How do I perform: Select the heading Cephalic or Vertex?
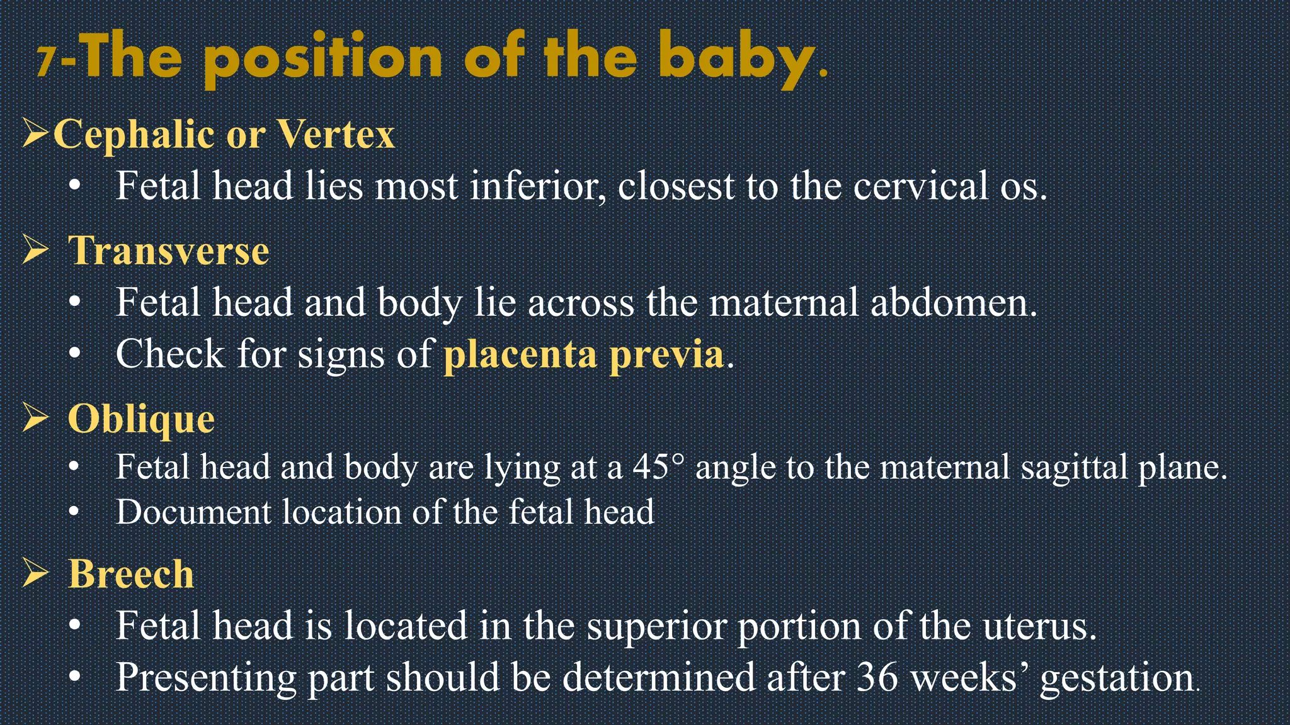tap(224, 134)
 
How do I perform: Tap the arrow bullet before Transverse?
tap(36, 250)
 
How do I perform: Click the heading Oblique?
tap(141, 419)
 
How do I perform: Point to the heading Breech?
tap(131, 574)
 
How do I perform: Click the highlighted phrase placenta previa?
tap(583, 354)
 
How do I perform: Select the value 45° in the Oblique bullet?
tap(658, 467)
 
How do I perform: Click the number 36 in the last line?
tap(877, 677)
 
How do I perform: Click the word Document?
tap(193, 512)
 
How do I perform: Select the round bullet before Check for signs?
tap(75, 354)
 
